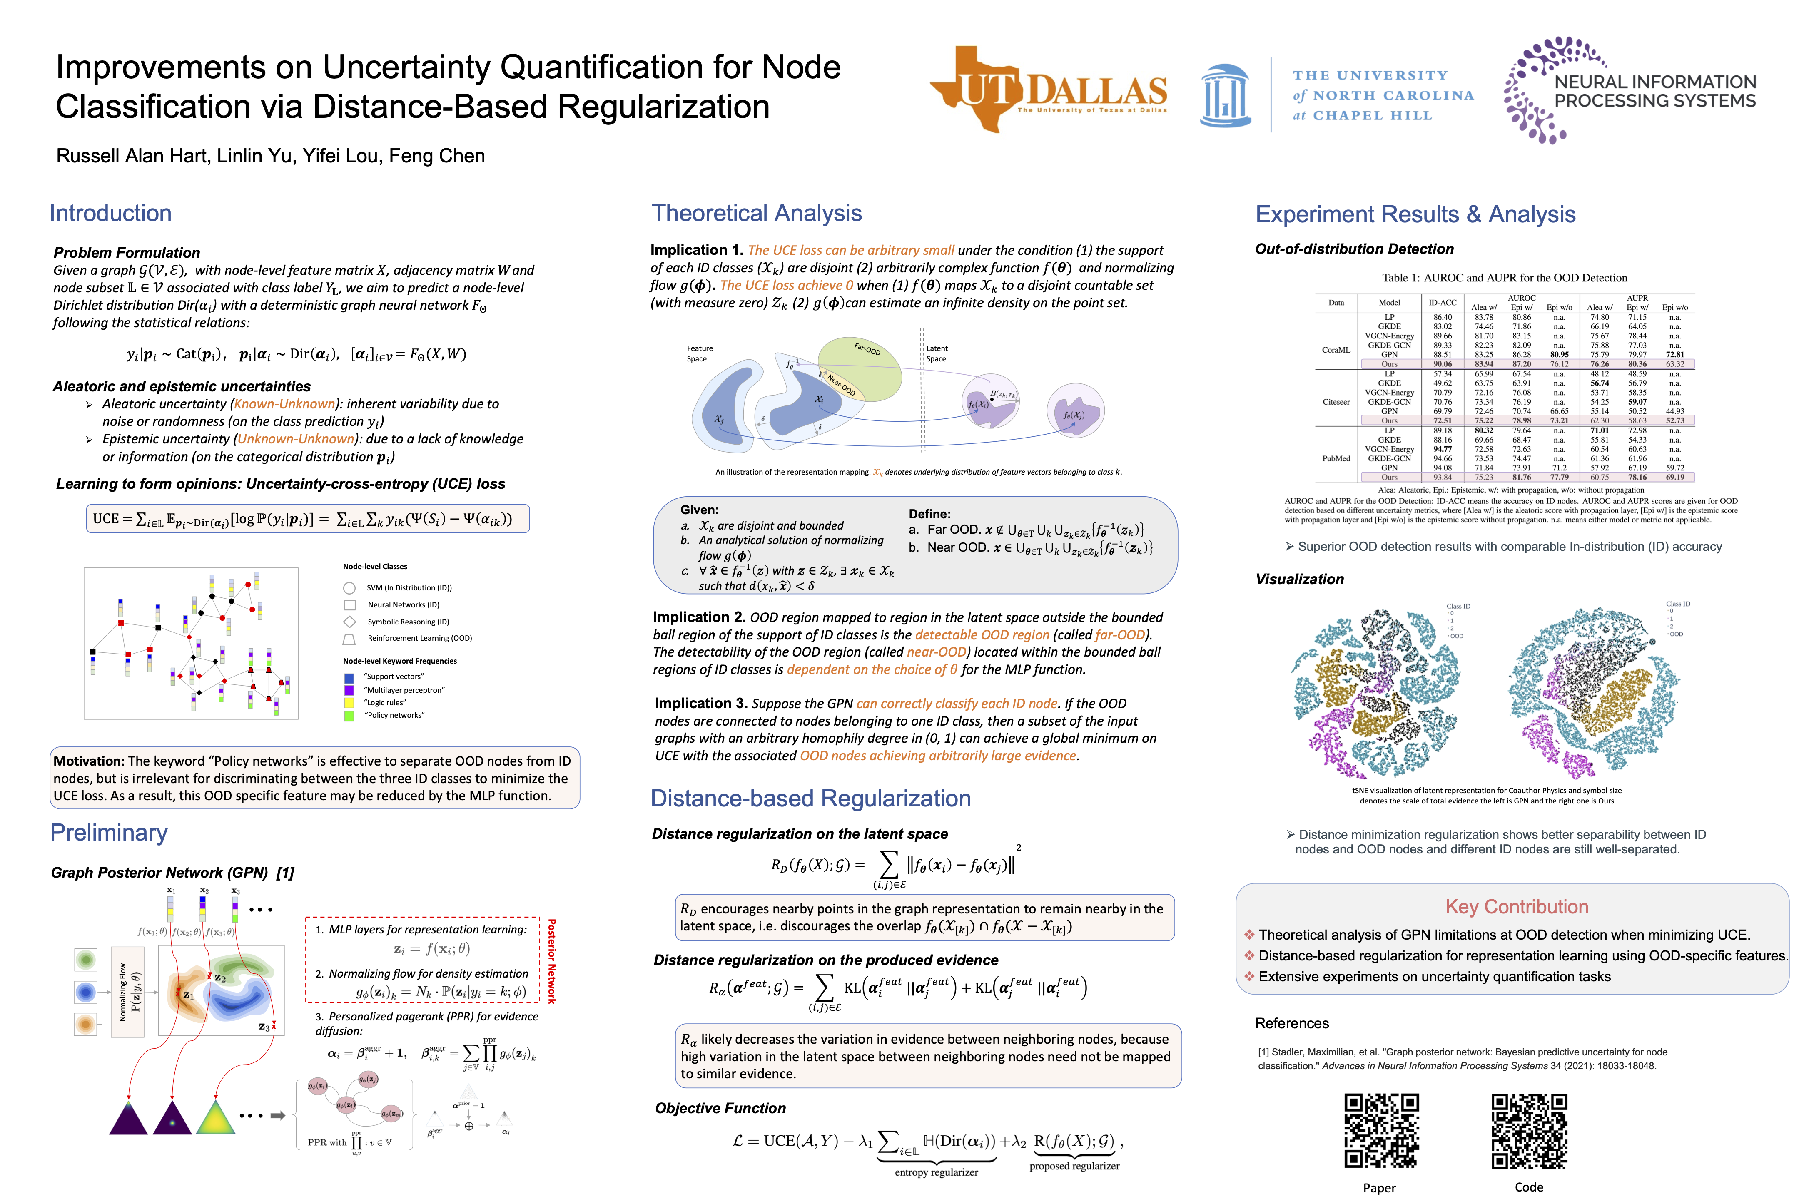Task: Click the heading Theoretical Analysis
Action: click(757, 213)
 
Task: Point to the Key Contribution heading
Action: click(1516, 907)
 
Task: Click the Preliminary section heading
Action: click(109, 833)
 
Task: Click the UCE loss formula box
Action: click(307, 518)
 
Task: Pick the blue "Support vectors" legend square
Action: click(349, 677)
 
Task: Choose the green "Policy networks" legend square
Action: click(349, 716)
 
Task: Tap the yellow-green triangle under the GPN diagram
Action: click(216, 1118)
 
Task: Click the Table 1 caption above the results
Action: click(1504, 278)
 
